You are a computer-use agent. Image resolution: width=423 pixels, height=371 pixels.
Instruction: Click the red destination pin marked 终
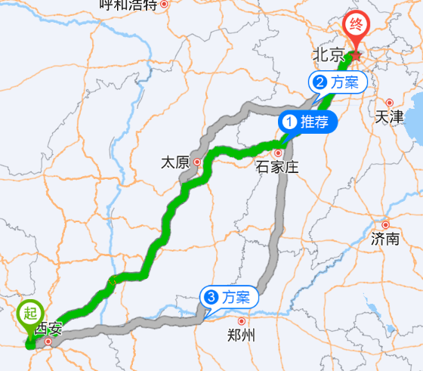(356, 26)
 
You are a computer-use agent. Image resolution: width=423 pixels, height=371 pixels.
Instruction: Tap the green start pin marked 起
(30, 312)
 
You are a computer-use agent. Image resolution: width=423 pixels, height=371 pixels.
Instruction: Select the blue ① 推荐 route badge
(306, 122)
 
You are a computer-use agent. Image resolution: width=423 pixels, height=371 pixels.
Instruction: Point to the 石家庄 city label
(276, 167)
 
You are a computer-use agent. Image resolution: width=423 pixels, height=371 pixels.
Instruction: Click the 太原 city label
(174, 162)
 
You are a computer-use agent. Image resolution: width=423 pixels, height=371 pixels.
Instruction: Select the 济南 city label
(385, 239)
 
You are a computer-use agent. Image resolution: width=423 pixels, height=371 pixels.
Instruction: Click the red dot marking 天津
(390, 103)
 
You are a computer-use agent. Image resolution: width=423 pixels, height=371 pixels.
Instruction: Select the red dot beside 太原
(196, 161)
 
